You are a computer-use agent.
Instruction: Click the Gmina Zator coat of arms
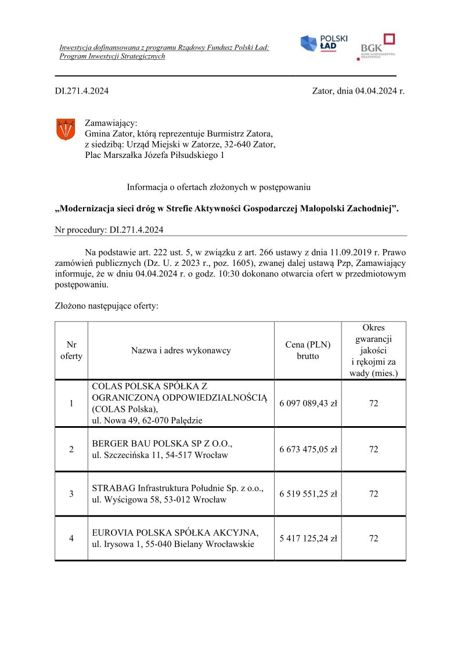tap(65, 129)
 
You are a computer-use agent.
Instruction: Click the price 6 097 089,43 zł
tap(308, 404)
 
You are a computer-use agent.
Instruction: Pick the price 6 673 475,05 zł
tap(308, 449)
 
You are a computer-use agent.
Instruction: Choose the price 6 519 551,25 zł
tap(308, 493)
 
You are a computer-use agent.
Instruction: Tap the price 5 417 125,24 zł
tap(308, 538)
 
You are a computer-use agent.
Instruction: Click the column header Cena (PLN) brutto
tap(308, 350)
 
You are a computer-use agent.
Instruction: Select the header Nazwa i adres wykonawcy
tap(181, 350)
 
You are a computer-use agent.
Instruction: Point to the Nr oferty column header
tap(71, 350)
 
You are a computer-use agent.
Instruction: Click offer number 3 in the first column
tap(71, 493)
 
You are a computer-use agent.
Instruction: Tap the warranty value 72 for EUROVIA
tap(373, 538)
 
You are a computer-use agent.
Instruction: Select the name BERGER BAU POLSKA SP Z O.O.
tap(162, 444)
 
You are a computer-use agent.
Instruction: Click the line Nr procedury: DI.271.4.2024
tap(109, 229)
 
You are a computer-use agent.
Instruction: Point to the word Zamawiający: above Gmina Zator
tap(111, 123)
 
